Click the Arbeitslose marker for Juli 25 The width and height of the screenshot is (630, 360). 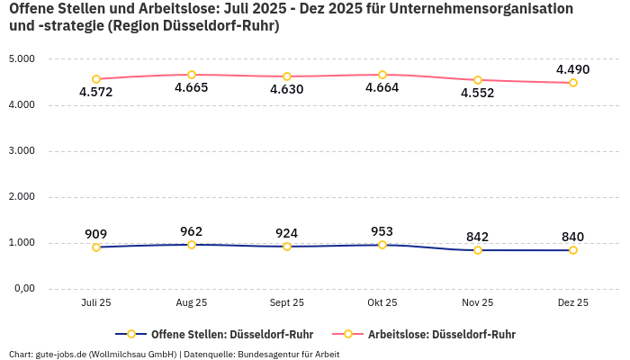pos(96,79)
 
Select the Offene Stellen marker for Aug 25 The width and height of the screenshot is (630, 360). pos(192,245)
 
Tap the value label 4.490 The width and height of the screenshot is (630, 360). pos(572,69)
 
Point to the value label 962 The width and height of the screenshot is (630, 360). pos(192,231)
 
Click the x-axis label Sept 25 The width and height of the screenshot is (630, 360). pos(287,303)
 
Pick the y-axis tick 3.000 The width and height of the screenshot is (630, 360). pos(21,151)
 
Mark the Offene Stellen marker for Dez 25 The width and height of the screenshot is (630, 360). pos(573,250)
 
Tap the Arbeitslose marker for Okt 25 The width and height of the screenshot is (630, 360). pos(382,75)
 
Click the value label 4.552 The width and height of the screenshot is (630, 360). pos(477,93)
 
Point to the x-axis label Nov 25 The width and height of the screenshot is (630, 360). pos(478,303)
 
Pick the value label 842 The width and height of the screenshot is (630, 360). pos(478,237)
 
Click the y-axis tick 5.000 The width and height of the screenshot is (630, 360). pos(21,59)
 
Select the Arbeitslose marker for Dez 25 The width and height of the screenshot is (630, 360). pos(573,83)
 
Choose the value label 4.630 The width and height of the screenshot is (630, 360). pos(287,89)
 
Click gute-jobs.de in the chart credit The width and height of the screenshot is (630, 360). pos(60,354)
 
